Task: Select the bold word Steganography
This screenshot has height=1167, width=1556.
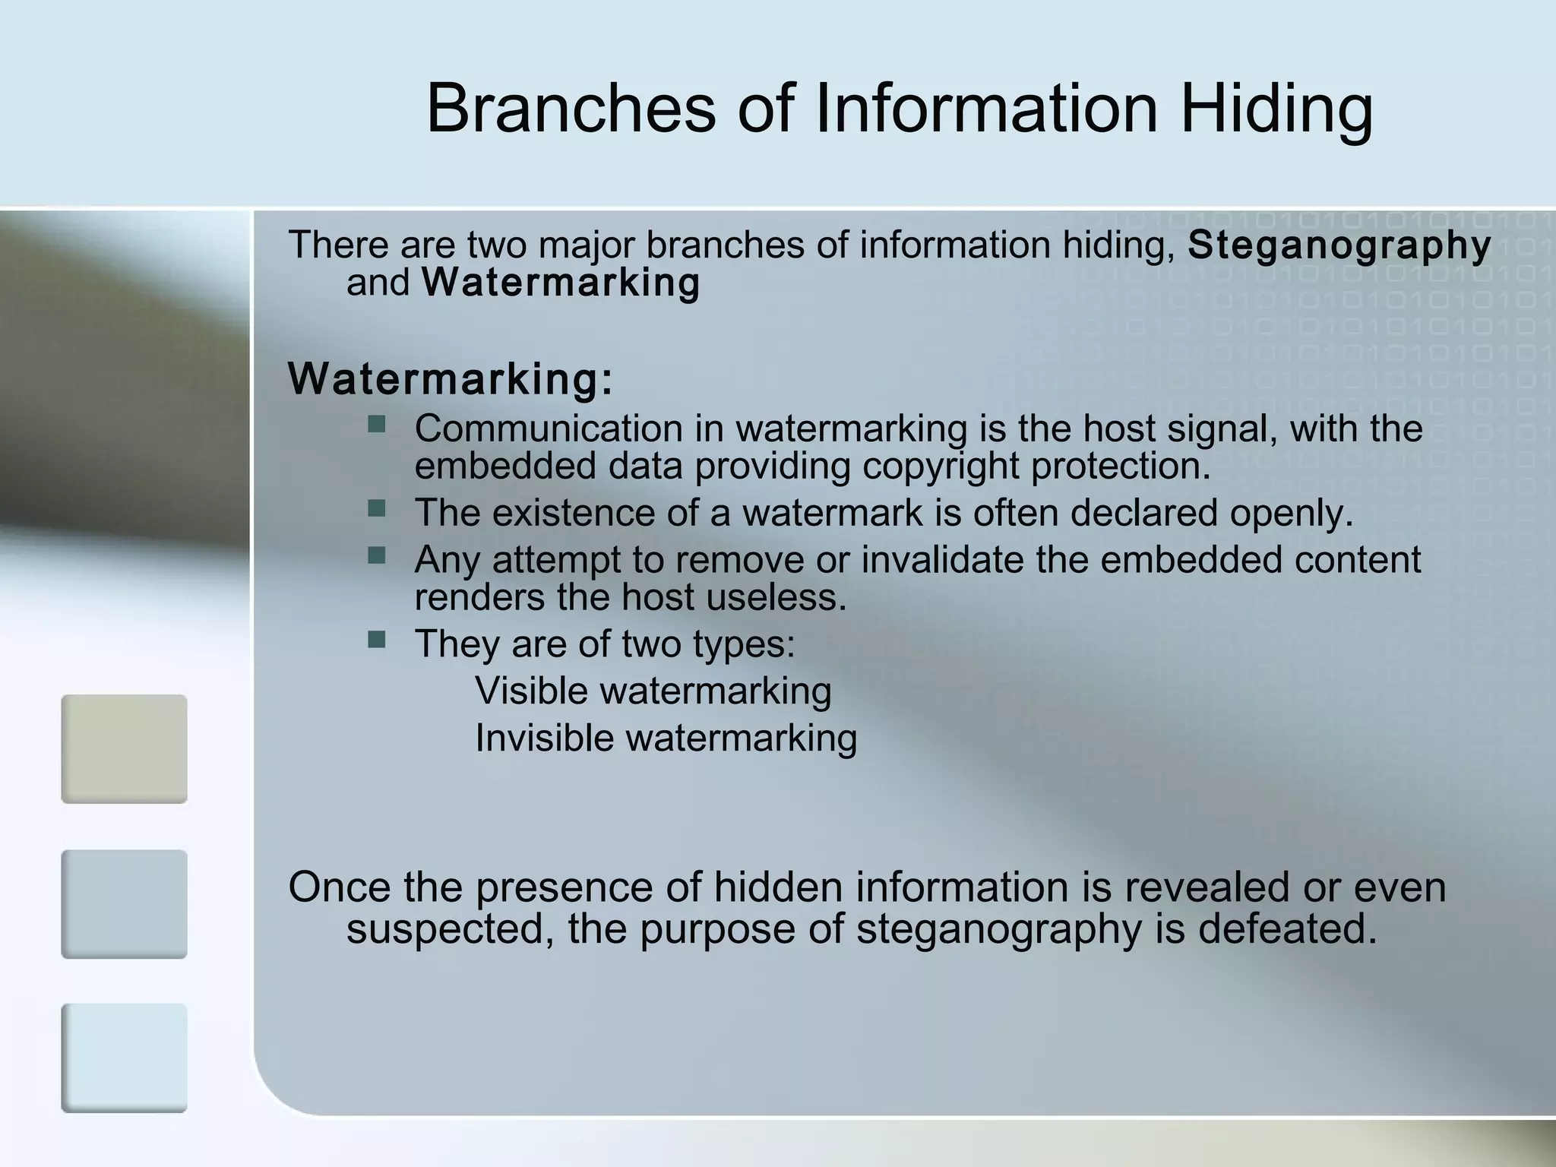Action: click(1339, 245)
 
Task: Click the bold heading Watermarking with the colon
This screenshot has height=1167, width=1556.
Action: click(451, 378)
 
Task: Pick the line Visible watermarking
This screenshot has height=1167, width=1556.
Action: click(653, 691)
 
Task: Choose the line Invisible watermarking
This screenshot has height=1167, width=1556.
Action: click(666, 738)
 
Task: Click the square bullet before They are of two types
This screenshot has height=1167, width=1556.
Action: click(376, 639)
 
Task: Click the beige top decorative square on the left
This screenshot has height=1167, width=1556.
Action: click(124, 748)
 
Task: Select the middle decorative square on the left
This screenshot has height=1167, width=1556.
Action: click(124, 904)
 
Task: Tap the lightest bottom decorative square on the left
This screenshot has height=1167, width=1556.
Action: click(124, 1058)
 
